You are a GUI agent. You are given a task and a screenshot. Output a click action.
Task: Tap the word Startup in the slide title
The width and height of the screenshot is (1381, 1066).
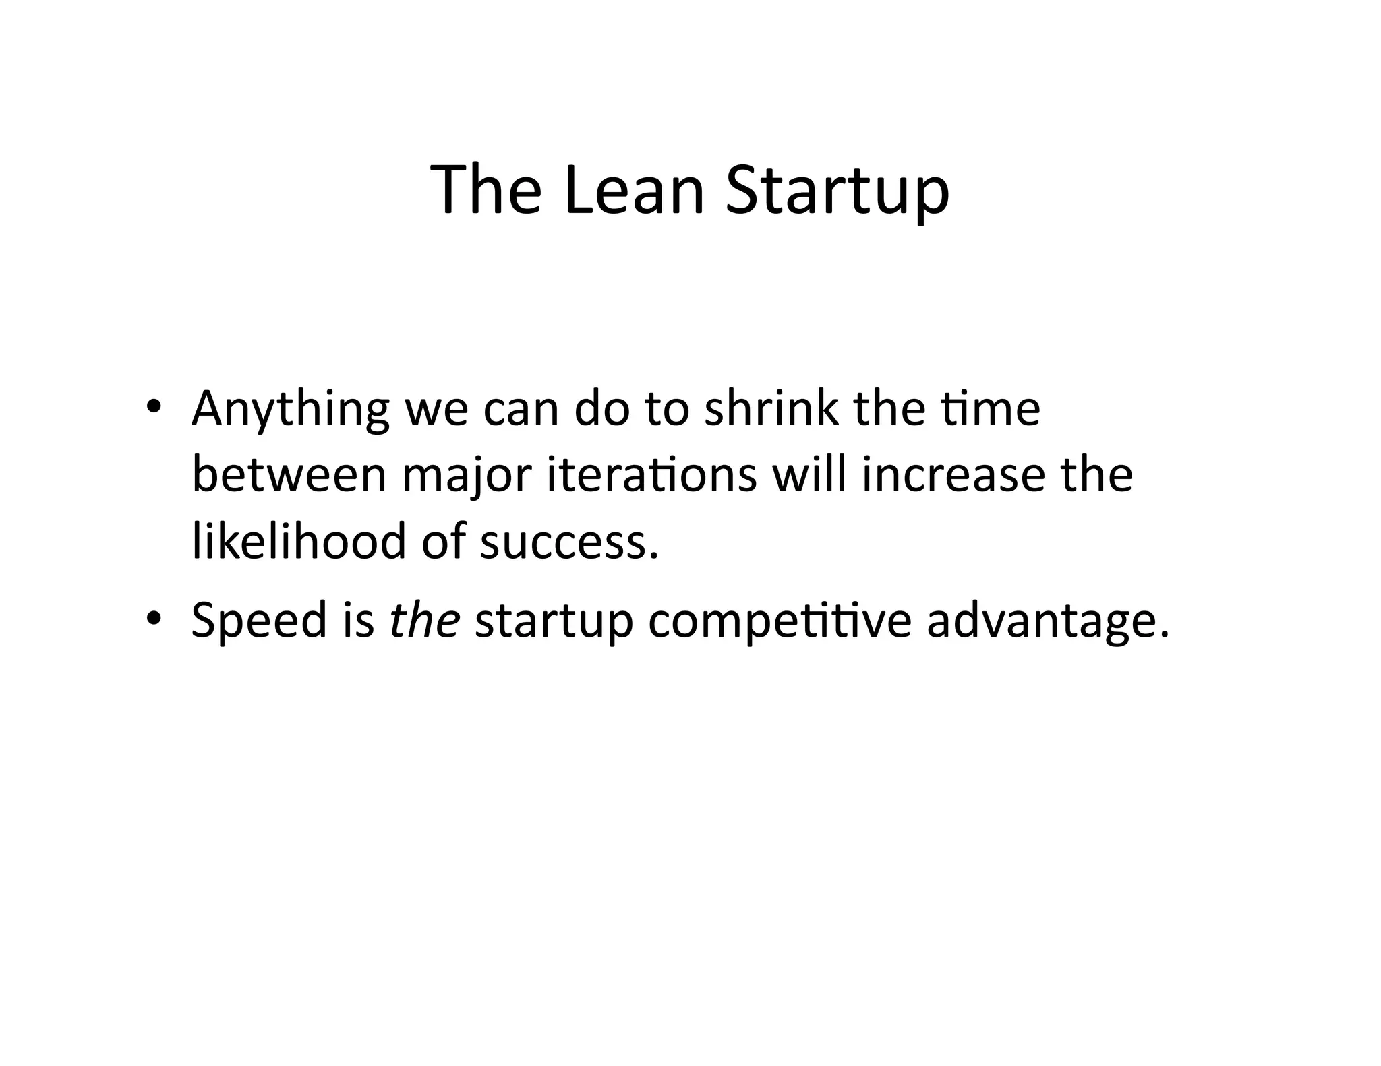(x=837, y=192)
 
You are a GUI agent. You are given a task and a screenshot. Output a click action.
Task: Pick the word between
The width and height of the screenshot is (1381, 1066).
(x=289, y=474)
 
